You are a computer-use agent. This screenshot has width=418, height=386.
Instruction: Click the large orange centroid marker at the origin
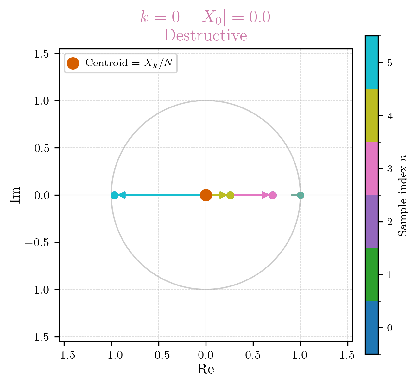(x=206, y=195)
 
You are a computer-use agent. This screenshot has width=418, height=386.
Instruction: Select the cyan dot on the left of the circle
(x=114, y=195)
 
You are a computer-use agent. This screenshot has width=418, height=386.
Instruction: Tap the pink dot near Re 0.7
(x=273, y=195)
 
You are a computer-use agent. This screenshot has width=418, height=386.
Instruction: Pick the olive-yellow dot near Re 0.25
(x=230, y=195)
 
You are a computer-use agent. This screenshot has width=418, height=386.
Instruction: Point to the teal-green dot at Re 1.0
(x=301, y=195)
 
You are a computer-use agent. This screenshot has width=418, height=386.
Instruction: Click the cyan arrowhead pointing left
(x=122, y=195)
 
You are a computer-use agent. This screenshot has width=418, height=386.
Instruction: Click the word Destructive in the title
(x=205, y=35)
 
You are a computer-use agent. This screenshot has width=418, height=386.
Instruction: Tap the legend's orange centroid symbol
(x=73, y=63)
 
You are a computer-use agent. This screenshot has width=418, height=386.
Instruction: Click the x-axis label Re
(x=206, y=369)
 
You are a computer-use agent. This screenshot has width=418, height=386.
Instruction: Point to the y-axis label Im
(x=15, y=195)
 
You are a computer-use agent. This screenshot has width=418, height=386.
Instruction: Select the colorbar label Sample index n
(x=402, y=195)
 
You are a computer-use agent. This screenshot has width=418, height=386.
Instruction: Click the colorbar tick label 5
(x=390, y=63)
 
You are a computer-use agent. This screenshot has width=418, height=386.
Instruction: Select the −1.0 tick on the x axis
(x=111, y=355)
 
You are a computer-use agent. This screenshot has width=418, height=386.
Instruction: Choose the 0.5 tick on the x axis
(x=253, y=355)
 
